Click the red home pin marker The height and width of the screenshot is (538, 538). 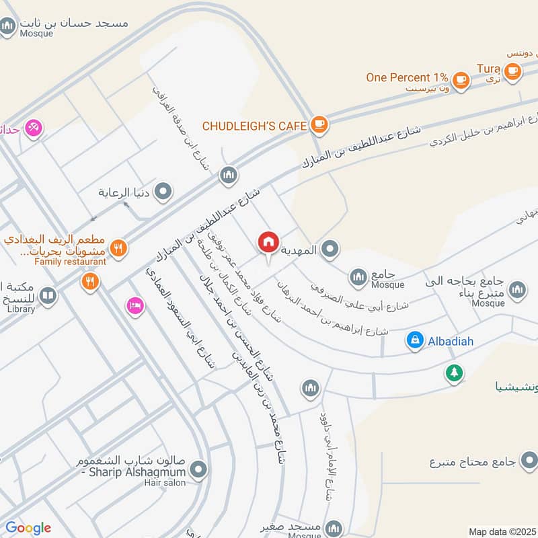tap(268, 242)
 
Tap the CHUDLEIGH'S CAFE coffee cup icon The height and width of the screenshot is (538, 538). tap(319, 124)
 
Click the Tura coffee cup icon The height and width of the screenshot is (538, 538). tap(512, 71)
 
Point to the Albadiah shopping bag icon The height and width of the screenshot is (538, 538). tap(414, 341)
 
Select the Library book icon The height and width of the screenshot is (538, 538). tap(47, 295)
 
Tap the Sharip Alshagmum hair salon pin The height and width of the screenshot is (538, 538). tap(198, 469)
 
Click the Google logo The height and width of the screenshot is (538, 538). tap(28, 528)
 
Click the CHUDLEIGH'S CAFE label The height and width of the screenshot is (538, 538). tap(255, 125)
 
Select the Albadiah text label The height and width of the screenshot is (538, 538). tap(449, 341)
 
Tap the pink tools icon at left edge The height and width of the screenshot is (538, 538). tap(33, 127)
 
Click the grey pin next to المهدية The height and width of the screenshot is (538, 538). tap(329, 250)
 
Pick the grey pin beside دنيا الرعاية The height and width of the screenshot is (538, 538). tap(163, 193)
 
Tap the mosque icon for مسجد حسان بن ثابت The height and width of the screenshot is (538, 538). tap(8, 26)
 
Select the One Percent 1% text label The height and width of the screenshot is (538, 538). tap(406, 77)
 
